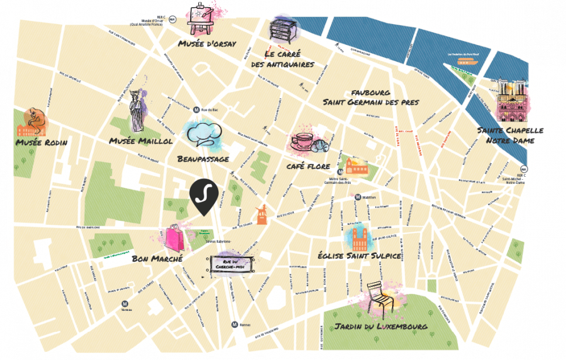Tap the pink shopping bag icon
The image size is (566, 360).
click(x=175, y=238)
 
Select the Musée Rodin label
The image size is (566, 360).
click(x=42, y=142)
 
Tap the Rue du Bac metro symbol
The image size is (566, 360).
click(x=197, y=109)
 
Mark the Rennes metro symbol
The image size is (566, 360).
click(x=234, y=324)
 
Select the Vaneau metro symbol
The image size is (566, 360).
click(x=125, y=303)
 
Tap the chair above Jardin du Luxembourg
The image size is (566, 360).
click(x=380, y=299)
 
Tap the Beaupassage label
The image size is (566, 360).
click(x=203, y=159)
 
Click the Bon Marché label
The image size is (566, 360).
click(x=157, y=258)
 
